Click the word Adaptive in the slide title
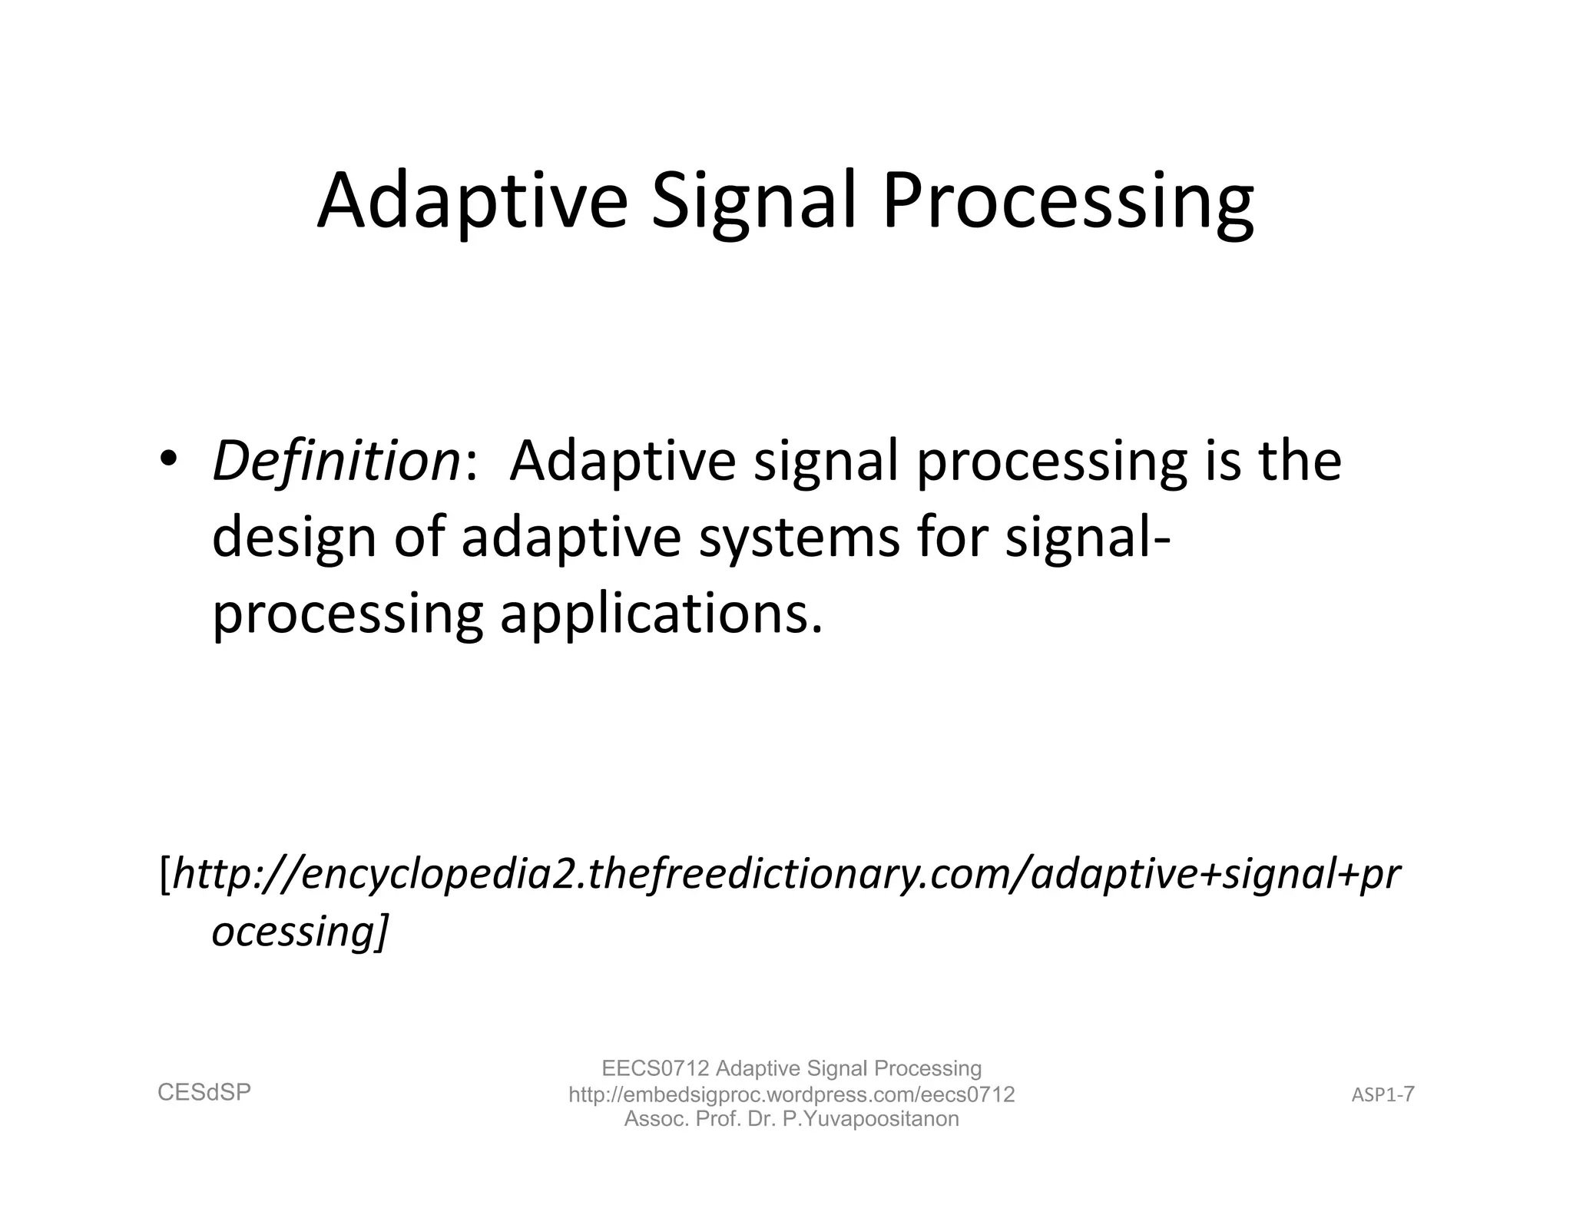click(472, 201)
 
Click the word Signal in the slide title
click(753, 201)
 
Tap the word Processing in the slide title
click(1068, 201)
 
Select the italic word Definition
click(336, 462)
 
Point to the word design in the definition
click(293, 538)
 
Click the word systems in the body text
click(799, 538)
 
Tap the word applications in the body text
click(661, 615)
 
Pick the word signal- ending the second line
click(1088, 538)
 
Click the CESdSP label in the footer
click(204, 1092)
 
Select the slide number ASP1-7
click(1383, 1094)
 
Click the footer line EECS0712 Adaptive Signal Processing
click(791, 1068)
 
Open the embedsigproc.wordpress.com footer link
click(791, 1094)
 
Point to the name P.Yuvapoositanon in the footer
click(870, 1118)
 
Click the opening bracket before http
click(164, 874)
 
